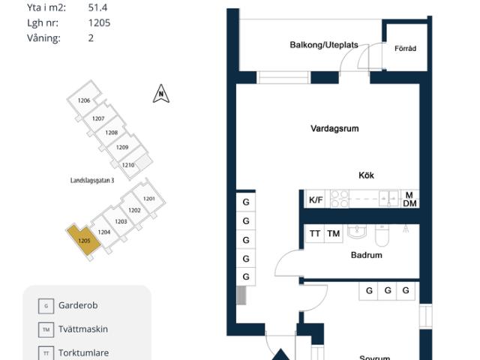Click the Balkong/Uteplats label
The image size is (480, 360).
click(x=324, y=45)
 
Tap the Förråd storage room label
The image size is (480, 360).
click(x=405, y=49)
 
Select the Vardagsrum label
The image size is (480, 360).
click(x=334, y=128)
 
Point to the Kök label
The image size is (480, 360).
click(x=366, y=175)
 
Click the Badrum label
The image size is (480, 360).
click(x=366, y=255)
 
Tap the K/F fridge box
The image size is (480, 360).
click(x=315, y=200)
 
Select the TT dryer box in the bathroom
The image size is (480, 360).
click(x=315, y=234)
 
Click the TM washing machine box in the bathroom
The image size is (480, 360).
click(x=334, y=234)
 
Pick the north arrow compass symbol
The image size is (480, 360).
click(x=160, y=94)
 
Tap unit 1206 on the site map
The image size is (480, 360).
click(x=84, y=101)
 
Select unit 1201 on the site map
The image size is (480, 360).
click(x=148, y=199)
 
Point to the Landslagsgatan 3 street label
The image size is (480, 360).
click(x=91, y=181)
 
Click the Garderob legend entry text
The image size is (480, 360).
click(x=78, y=305)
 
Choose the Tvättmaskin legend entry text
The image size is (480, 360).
click(x=83, y=328)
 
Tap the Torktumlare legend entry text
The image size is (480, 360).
click(x=83, y=352)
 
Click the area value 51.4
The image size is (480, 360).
click(x=98, y=7)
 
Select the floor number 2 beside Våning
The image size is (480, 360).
click(x=91, y=37)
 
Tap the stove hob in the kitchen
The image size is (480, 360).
click(x=340, y=199)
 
